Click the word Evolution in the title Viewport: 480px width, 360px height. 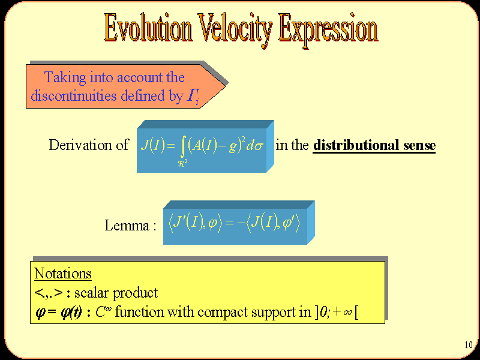point(148,28)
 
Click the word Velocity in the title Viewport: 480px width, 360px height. point(235,29)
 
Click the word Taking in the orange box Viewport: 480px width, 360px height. point(65,77)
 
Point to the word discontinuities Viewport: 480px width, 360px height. point(74,95)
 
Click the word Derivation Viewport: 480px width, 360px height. point(80,145)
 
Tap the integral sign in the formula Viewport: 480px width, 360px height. point(183,146)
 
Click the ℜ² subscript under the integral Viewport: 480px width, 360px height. point(183,163)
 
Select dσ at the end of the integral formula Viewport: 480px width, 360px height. point(254,146)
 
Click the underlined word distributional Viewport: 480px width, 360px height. point(356,145)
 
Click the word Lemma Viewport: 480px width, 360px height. point(127,226)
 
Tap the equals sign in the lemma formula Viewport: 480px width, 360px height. point(230,222)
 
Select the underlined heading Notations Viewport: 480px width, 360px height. point(63,273)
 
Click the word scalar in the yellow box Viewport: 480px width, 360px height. point(91,293)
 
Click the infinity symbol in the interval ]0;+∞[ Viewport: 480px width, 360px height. point(347,313)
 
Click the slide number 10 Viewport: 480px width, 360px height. point(469,345)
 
